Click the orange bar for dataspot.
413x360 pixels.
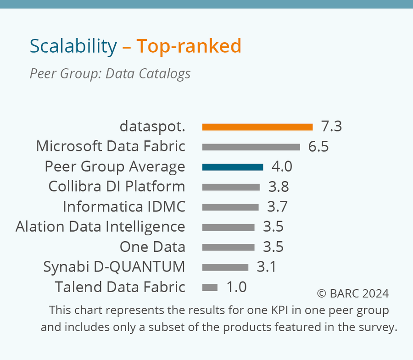(257, 127)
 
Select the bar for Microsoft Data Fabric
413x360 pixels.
(251, 147)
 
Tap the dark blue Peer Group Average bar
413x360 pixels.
(233, 167)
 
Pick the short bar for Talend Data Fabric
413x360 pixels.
(210, 288)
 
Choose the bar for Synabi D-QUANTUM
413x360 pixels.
(225, 267)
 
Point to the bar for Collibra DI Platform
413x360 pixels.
(231, 187)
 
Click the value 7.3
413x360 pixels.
(331, 126)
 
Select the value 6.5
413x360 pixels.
(318, 146)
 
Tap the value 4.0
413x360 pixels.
(282, 166)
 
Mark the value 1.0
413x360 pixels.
(236, 287)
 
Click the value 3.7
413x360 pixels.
(277, 207)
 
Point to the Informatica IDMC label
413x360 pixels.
(124, 207)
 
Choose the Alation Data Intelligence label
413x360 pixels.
(100, 227)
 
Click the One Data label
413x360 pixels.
(152, 247)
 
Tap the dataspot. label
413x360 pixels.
(152, 126)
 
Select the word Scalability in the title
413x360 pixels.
(73, 46)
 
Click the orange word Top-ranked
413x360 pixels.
(189, 46)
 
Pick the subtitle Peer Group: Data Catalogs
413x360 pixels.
(110, 73)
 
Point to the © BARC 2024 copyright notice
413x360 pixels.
(353, 294)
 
